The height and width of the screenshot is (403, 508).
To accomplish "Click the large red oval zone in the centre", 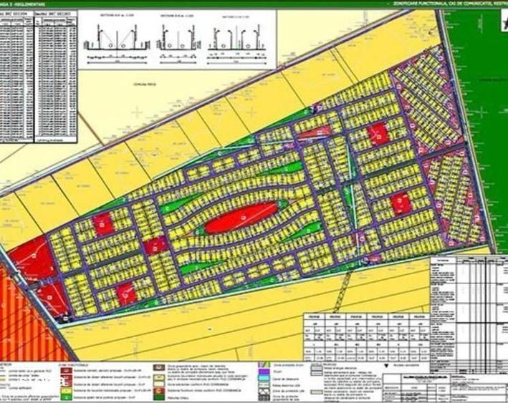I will (241, 216).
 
